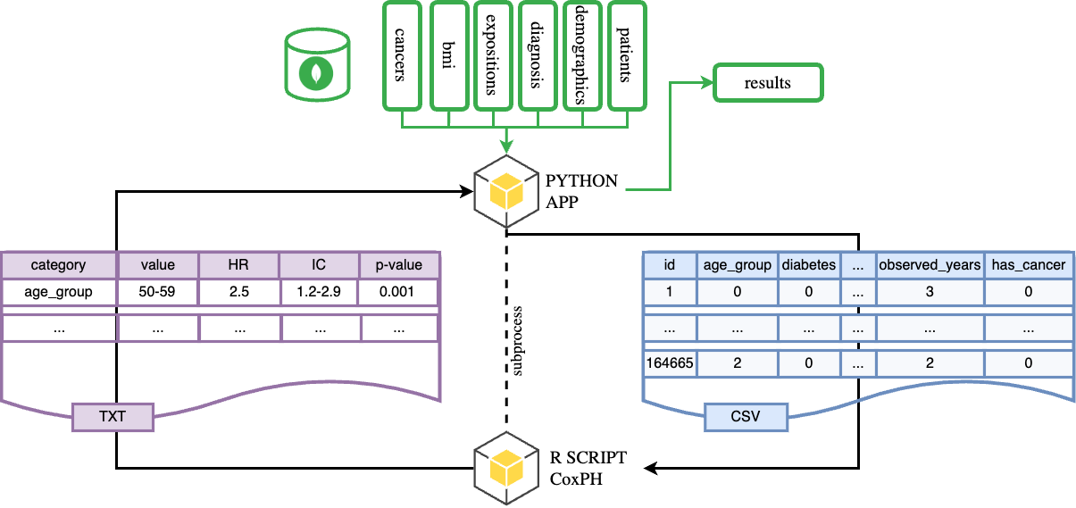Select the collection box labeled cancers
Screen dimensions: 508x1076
403,55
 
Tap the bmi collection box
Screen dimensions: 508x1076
448,55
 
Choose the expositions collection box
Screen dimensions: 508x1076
492,55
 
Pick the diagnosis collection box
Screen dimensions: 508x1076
537,55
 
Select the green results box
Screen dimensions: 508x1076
768,83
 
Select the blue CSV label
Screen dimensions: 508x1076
746,415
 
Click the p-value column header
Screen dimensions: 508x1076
400,264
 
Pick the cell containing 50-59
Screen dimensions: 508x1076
158,292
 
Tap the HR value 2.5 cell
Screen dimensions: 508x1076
238,292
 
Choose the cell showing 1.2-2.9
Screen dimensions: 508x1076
319,292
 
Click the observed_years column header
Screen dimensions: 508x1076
929,264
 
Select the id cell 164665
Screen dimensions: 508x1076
669,362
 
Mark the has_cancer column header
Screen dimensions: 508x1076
1030,264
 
